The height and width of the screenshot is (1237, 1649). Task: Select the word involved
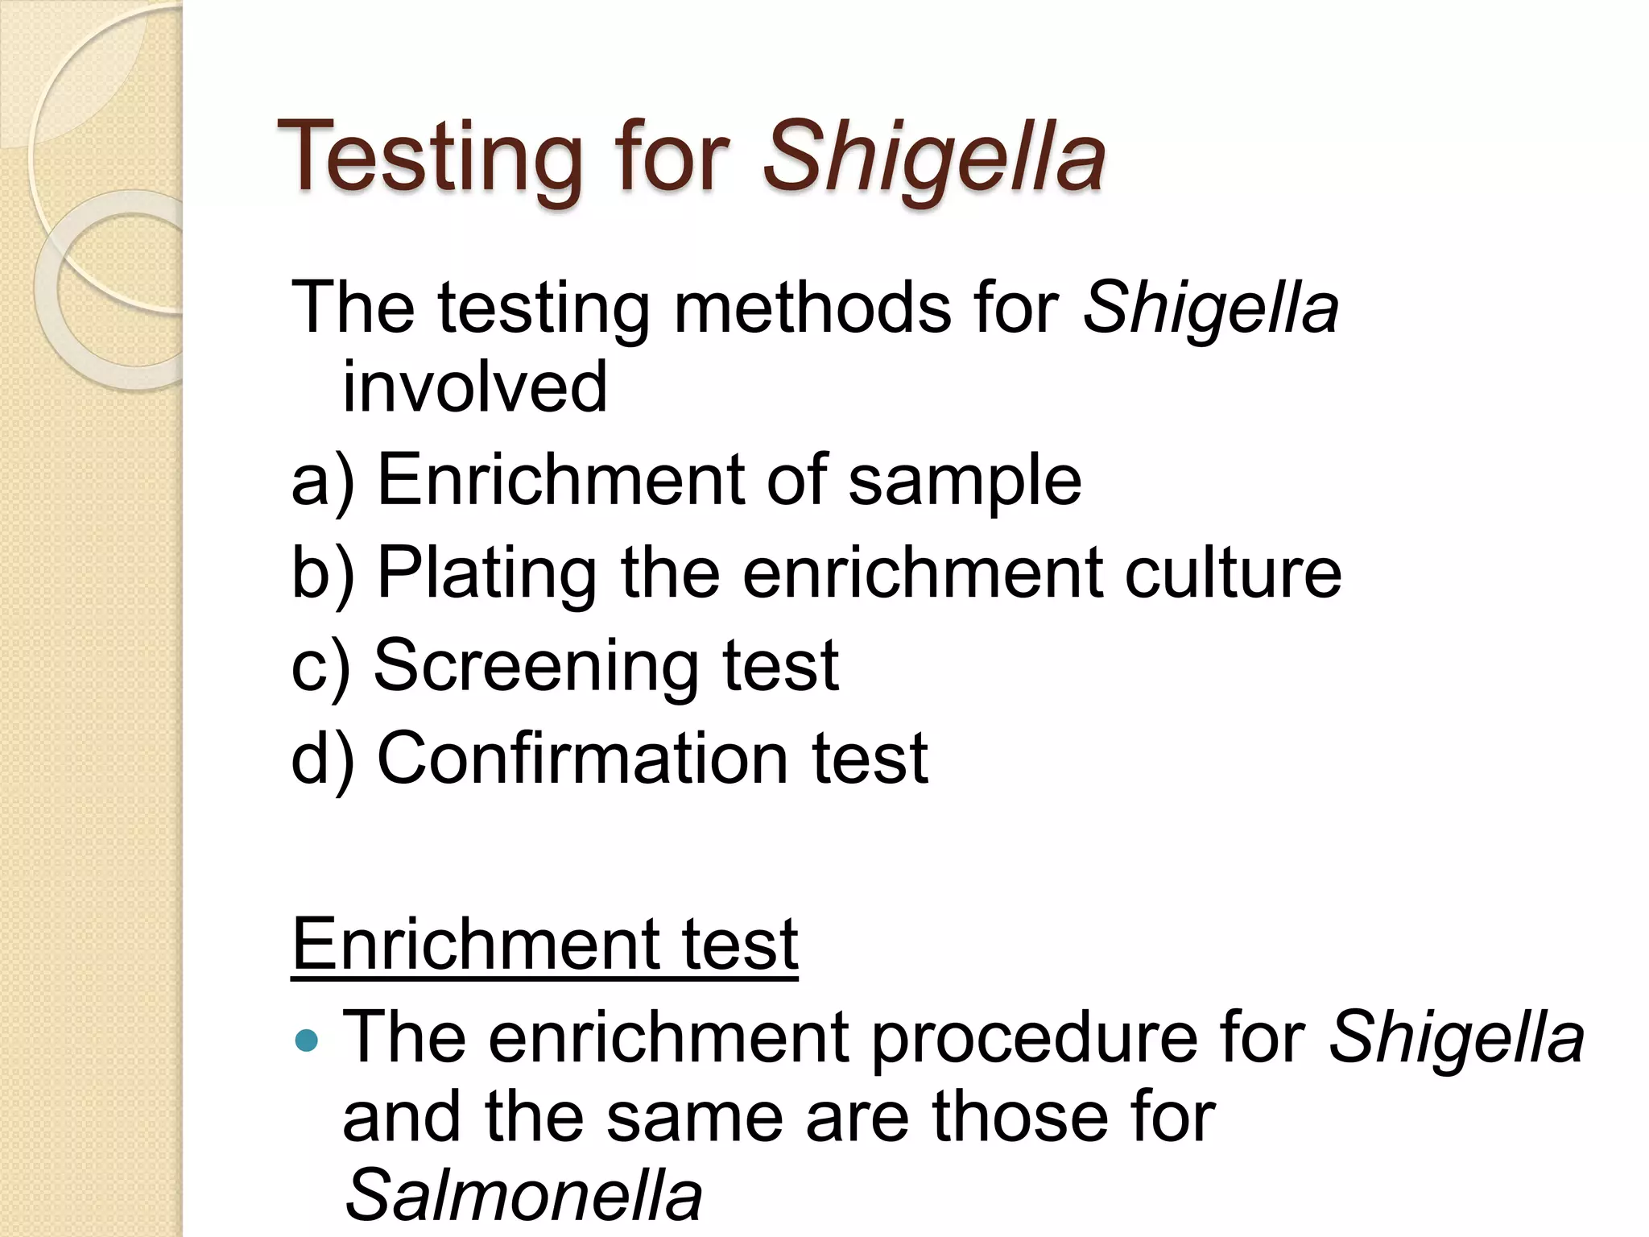coord(475,387)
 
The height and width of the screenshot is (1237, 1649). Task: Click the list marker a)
coord(322,481)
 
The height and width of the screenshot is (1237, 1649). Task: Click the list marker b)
coord(322,573)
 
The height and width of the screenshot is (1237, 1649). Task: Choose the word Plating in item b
coord(487,573)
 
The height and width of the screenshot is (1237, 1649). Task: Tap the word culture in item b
coord(1233,573)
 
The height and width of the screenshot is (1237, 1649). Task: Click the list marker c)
coord(320,666)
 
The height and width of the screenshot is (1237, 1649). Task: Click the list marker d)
coord(322,758)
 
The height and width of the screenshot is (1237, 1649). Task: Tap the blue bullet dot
coord(307,1040)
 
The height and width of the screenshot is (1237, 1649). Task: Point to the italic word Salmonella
coord(523,1196)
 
